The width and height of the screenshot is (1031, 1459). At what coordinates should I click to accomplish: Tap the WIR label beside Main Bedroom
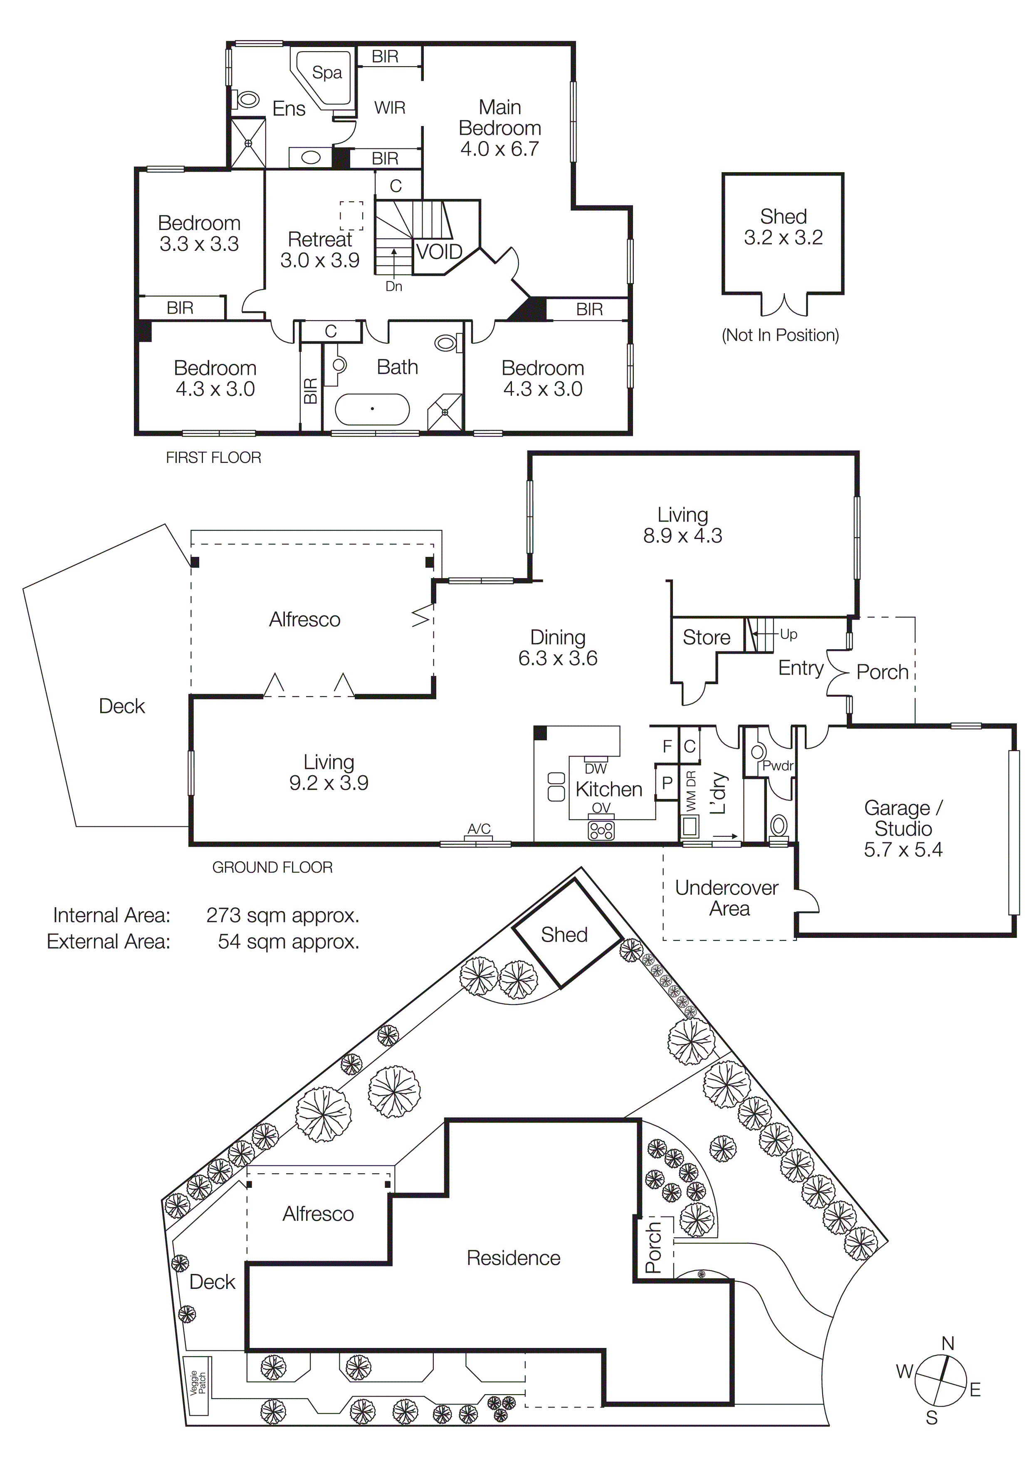pos(389,108)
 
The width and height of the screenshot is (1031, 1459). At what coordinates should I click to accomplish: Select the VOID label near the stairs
pos(439,252)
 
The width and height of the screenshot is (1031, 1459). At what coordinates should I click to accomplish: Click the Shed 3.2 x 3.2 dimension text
pos(783,237)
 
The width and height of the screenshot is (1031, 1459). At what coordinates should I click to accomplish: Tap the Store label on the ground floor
pos(706,637)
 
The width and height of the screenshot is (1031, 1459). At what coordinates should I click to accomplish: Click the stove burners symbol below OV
pos(601,831)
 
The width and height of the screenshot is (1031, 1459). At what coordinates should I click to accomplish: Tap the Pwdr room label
pos(778,766)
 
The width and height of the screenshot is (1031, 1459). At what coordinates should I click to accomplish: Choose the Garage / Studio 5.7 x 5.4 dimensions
pos(902,850)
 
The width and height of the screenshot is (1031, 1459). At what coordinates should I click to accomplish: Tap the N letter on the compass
pos(947,1343)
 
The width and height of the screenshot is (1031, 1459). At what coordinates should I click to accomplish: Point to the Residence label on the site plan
pos(513,1258)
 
